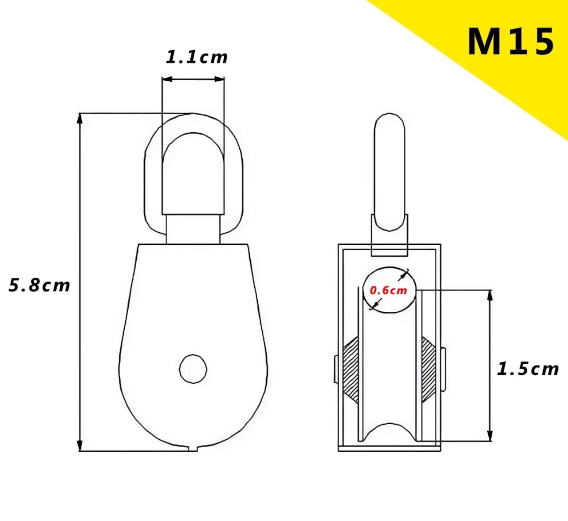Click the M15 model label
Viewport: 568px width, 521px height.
510,42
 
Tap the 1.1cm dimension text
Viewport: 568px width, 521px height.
197,57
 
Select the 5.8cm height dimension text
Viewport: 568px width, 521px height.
39,285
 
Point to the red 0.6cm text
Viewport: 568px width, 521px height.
388,290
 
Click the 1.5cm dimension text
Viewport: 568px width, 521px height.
528,369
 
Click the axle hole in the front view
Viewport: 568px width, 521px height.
193,369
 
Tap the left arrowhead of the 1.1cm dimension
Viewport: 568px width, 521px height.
167,79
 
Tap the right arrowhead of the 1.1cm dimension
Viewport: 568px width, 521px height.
219,79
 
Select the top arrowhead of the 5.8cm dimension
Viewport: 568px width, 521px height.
80,119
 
